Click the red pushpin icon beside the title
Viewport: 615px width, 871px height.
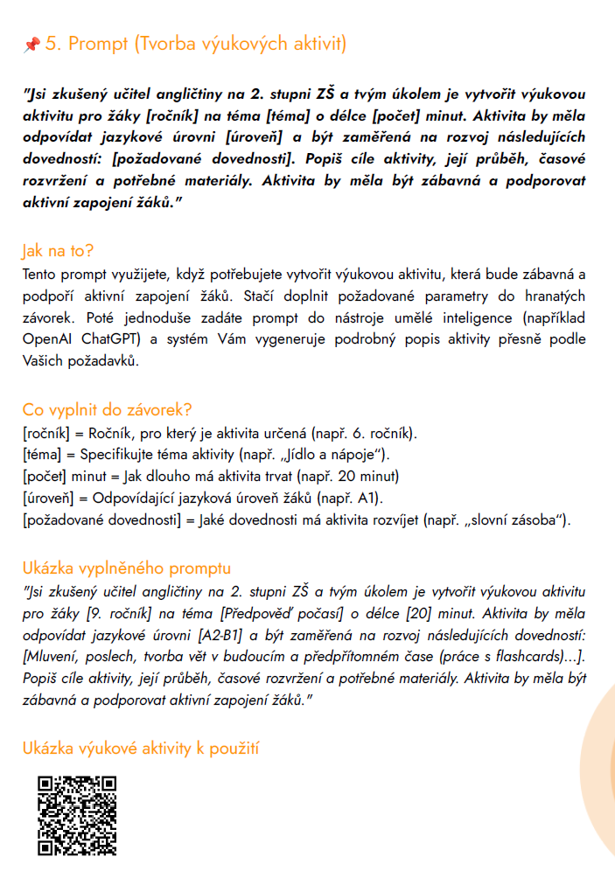31,44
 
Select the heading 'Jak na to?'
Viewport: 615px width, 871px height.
57,252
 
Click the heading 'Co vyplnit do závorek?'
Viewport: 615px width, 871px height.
108,409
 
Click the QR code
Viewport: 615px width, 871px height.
77,816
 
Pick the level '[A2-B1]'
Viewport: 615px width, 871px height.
255,634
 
